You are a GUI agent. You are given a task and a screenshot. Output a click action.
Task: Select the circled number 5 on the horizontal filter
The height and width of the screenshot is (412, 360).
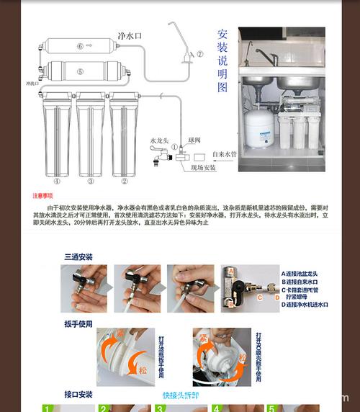coord(80,71)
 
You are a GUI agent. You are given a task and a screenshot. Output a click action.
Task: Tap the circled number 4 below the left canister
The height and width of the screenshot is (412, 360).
coord(57,182)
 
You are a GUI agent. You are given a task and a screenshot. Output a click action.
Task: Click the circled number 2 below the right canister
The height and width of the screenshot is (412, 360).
coord(124,182)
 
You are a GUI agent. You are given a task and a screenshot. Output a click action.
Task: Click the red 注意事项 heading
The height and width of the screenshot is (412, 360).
coord(43,196)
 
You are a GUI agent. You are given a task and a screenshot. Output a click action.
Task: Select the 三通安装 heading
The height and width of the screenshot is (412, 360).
coord(78,257)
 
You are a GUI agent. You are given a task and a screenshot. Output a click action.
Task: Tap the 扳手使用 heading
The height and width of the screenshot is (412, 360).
coord(78,324)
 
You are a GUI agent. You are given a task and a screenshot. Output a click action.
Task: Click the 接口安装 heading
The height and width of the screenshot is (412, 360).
coord(78,395)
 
